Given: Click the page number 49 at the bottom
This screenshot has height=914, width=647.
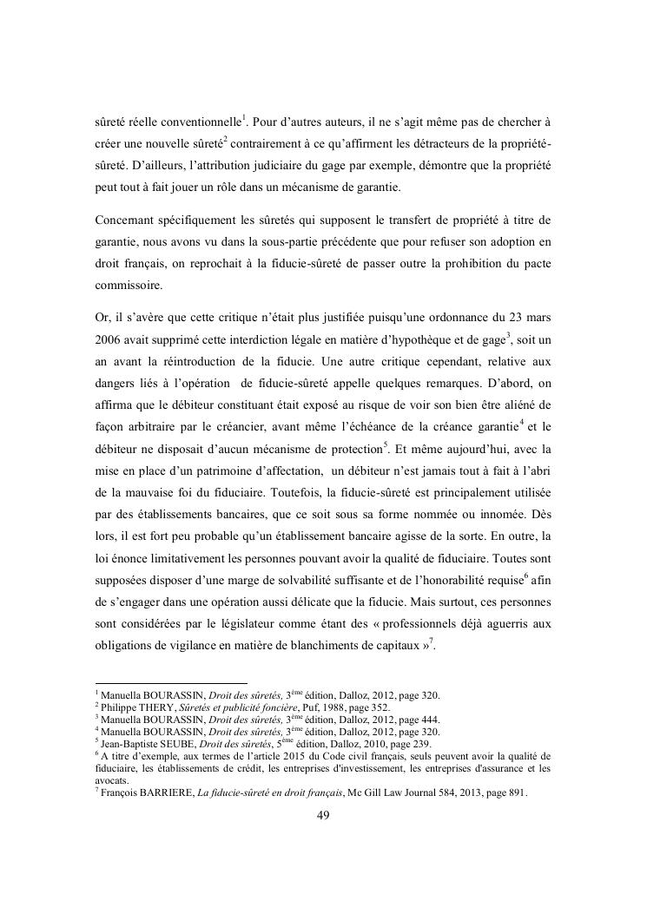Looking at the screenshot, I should (x=322, y=815).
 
